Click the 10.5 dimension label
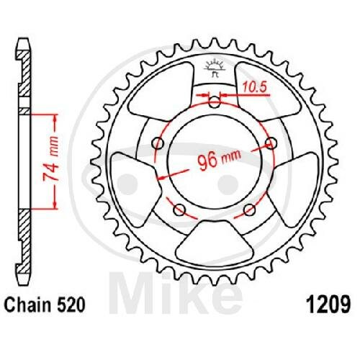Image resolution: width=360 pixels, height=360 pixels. tap(254, 87)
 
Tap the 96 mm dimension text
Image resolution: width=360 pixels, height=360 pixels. tap(219, 160)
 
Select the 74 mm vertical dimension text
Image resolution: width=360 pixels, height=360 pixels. tap(50, 159)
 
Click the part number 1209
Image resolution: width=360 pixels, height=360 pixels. tap(328, 305)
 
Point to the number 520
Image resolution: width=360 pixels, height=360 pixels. tap(71, 305)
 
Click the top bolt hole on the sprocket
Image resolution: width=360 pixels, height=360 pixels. tap(215, 102)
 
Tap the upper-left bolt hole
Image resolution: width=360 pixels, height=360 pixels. tap(158, 143)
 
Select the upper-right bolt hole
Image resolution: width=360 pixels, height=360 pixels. tap(271, 143)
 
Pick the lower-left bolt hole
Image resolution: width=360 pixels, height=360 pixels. tap(179, 210)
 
